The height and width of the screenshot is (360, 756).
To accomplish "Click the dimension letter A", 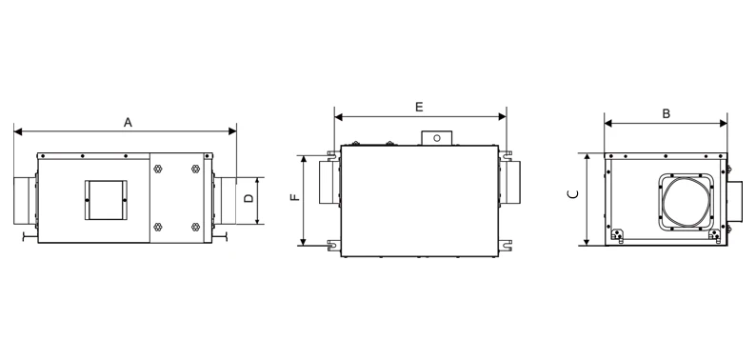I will pos(128,121).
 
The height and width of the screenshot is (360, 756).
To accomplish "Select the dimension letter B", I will pos(666,113).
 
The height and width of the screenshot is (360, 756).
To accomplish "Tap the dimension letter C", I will pos(570,195).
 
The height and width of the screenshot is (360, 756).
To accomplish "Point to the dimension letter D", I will pos(248,199).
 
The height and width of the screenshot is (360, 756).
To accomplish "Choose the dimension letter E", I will pos(419,108).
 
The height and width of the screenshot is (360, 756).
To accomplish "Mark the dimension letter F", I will pos(294,199).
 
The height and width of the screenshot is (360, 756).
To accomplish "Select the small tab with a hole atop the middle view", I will pos(437,138).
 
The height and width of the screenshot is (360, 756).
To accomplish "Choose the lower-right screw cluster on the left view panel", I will pos(195,227).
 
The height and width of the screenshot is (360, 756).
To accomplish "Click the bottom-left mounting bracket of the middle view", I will pos(332,245).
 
